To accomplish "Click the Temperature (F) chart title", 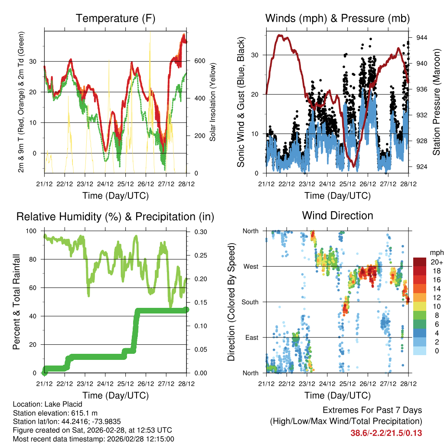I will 115,19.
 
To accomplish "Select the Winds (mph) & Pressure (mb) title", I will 337,19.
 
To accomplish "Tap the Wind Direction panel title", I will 337,215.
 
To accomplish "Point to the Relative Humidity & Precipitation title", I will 115,216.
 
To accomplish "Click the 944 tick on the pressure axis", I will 422,38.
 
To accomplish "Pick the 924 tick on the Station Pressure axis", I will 422,167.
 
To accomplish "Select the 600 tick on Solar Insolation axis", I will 199,61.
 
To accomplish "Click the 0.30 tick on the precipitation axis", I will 201,232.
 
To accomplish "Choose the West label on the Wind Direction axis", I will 250,267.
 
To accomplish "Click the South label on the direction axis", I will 249,302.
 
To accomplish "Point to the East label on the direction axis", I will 251,338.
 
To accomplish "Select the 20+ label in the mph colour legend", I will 435,262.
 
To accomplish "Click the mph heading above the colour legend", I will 435,252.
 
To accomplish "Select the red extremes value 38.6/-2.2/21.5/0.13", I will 386,433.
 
